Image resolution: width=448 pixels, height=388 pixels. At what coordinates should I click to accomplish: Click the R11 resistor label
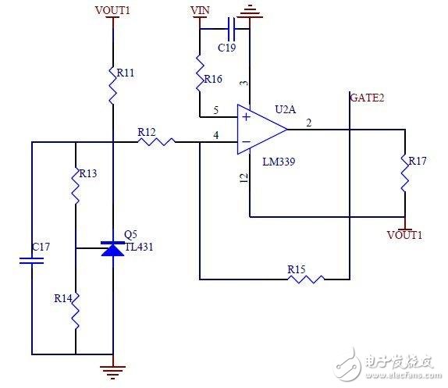126,73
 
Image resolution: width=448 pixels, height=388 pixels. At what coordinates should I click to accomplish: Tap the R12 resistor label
147,133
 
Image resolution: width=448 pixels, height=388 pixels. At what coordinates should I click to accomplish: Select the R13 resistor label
87,173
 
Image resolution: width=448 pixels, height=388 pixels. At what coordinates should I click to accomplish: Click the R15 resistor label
296,269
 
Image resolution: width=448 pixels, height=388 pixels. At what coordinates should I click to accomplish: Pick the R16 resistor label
212,79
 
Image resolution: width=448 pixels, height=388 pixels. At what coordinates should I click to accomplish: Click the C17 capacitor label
41,247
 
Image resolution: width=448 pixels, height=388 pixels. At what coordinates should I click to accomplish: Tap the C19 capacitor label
226,48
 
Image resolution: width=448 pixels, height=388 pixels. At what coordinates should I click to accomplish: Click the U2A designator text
286,110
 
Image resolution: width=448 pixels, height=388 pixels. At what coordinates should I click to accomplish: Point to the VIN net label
200,11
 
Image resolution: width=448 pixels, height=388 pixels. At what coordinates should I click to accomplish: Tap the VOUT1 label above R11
113,10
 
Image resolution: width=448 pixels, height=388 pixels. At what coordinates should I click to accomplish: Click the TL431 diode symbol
113,248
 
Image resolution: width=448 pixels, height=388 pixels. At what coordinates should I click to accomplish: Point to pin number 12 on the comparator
244,179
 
